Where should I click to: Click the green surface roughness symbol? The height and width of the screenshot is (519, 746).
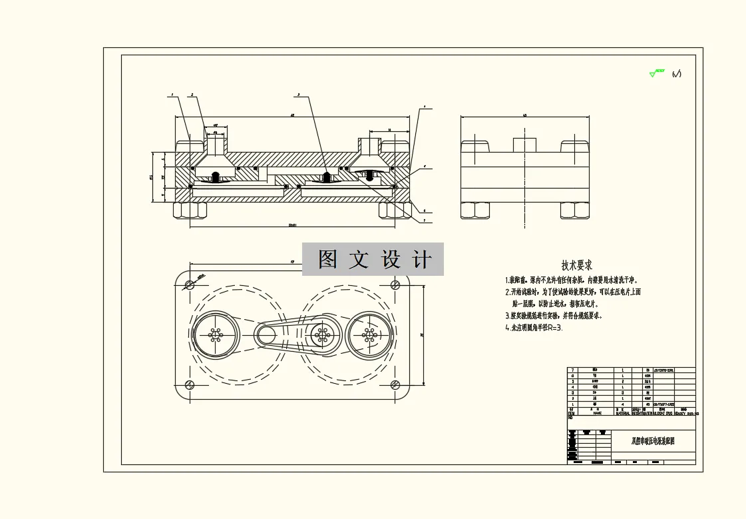click(657, 73)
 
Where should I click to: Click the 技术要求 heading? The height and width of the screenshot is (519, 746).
click(577, 266)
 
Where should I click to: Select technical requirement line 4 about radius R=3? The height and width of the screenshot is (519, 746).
click(534, 328)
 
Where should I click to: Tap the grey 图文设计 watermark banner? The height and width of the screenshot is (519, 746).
click(373, 259)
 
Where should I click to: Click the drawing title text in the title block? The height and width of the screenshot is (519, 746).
click(652, 441)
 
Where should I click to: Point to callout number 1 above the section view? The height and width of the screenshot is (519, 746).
click(172, 95)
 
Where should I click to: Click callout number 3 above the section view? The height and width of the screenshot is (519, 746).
click(299, 95)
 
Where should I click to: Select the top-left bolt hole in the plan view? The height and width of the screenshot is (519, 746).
click(190, 284)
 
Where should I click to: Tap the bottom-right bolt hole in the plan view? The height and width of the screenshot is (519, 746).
click(395, 384)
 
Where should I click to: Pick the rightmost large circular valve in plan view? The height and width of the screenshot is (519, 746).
click(369, 334)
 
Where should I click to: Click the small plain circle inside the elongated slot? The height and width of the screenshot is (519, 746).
click(269, 333)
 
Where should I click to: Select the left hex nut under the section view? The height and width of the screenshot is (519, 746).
click(189, 211)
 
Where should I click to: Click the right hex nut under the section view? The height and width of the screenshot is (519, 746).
click(395, 211)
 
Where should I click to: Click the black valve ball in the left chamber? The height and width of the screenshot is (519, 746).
click(216, 177)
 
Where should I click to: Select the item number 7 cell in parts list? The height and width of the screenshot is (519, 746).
click(572, 369)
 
